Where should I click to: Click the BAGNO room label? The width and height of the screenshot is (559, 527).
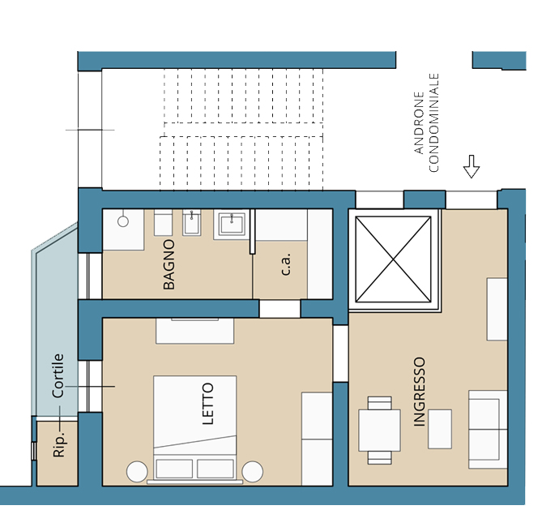[x=169, y=264]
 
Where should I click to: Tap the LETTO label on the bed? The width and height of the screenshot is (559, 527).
[x=208, y=404]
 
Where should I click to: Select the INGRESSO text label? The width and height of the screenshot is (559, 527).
[x=420, y=392]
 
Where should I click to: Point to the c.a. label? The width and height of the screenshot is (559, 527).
[x=286, y=264]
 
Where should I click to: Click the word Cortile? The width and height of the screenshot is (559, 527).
[x=58, y=375]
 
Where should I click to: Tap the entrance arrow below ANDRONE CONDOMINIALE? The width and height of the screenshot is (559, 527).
[x=472, y=166]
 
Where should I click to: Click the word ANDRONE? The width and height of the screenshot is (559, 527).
[x=420, y=123]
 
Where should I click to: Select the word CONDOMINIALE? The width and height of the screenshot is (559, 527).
[x=433, y=122]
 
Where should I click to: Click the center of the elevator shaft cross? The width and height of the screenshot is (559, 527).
[x=393, y=259]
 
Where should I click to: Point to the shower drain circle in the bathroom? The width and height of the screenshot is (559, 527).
[x=123, y=221]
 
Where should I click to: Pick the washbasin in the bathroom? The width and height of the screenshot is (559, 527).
[x=232, y=225]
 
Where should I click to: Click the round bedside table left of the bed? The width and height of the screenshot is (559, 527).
[x=137, y=471]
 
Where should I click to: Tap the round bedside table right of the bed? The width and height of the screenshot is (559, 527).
[x=253, y=471]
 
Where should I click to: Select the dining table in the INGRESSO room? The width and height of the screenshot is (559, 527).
[x=379, y=431]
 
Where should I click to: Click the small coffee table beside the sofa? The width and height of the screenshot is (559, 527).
[x=440, y=429]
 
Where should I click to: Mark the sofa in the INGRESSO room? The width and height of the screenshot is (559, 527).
[x=488, y=429]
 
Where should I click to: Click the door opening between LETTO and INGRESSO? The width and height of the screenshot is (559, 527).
[x=340, y=353]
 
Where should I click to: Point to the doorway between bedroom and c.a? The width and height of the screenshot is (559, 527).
[x=279, y=309]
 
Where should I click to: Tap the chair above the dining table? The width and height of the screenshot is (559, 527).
[x=380, y=403]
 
